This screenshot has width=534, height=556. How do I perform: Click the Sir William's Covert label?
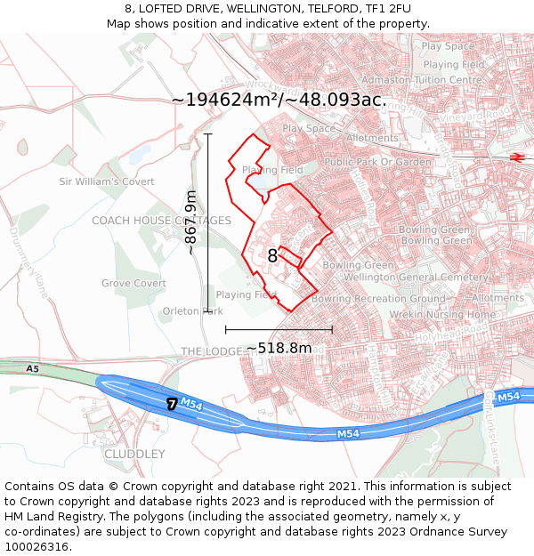(101, 181)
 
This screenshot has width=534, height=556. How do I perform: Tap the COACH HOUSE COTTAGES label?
(161, 221)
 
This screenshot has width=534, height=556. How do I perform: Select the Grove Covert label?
(133, 284)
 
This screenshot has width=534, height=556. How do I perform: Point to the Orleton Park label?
(192, 311)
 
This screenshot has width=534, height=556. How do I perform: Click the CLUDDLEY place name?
(134, 454)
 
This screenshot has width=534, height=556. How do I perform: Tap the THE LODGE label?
(211, 351)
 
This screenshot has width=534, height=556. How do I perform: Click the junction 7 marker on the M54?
(171, 404)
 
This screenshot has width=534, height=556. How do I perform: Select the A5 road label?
(33, 368)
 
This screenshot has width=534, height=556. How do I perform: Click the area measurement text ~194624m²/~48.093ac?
(279, 100)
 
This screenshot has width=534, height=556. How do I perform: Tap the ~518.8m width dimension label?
(279, 348)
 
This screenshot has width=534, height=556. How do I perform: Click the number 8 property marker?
(272, 256)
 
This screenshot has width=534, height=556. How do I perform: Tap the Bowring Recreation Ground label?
(377, 299)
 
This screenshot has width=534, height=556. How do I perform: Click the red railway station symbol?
(516, 157)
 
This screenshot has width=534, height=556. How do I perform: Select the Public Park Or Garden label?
(377, 162)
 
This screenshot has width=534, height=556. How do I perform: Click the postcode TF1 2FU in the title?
(382, 9)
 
